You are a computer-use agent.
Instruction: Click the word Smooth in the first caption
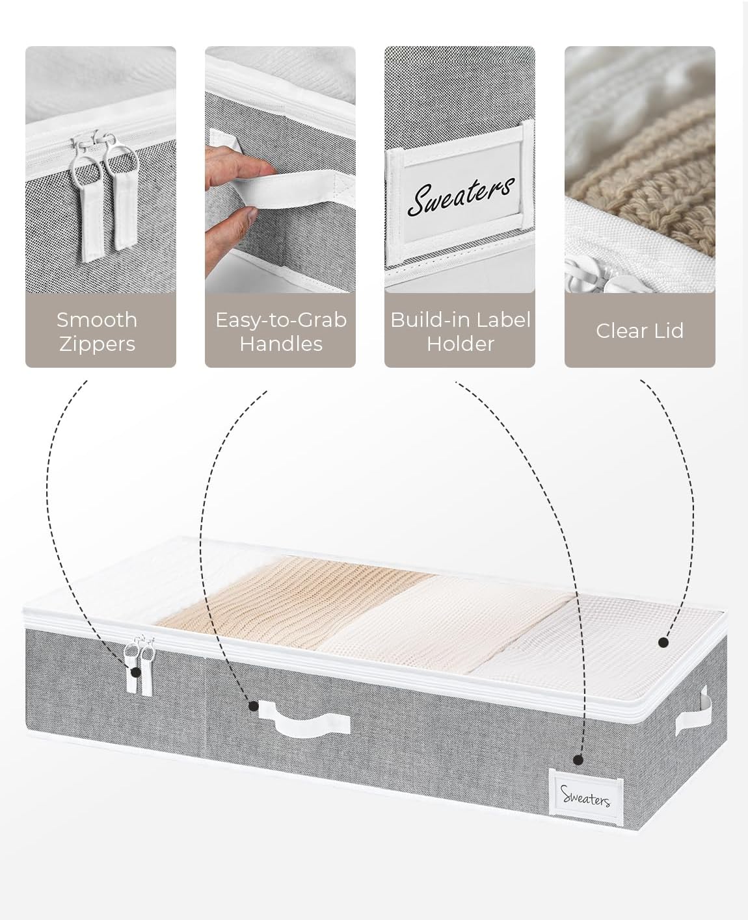[x=97, y=320]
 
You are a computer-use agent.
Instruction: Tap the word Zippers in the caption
[x=98, y=345]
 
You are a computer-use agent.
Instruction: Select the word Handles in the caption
[x=281, y=344]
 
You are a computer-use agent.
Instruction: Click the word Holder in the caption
[x=461, y=344]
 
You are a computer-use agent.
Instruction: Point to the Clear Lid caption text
[x=639, y=331]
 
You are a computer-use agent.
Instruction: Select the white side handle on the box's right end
[x=694, y=711]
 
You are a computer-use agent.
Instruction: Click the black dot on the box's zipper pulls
[x=136, y=672]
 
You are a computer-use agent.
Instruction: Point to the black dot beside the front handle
[x=254, y=706]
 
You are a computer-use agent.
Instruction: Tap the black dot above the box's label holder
[x=578, y=760]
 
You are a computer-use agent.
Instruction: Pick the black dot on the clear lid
[x=663, y=643]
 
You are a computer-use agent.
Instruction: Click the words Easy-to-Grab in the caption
[x=281, y=320]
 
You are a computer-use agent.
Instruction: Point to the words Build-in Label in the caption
[x=461, y=320]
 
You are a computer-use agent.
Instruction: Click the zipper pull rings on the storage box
[x=140, y=651]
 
